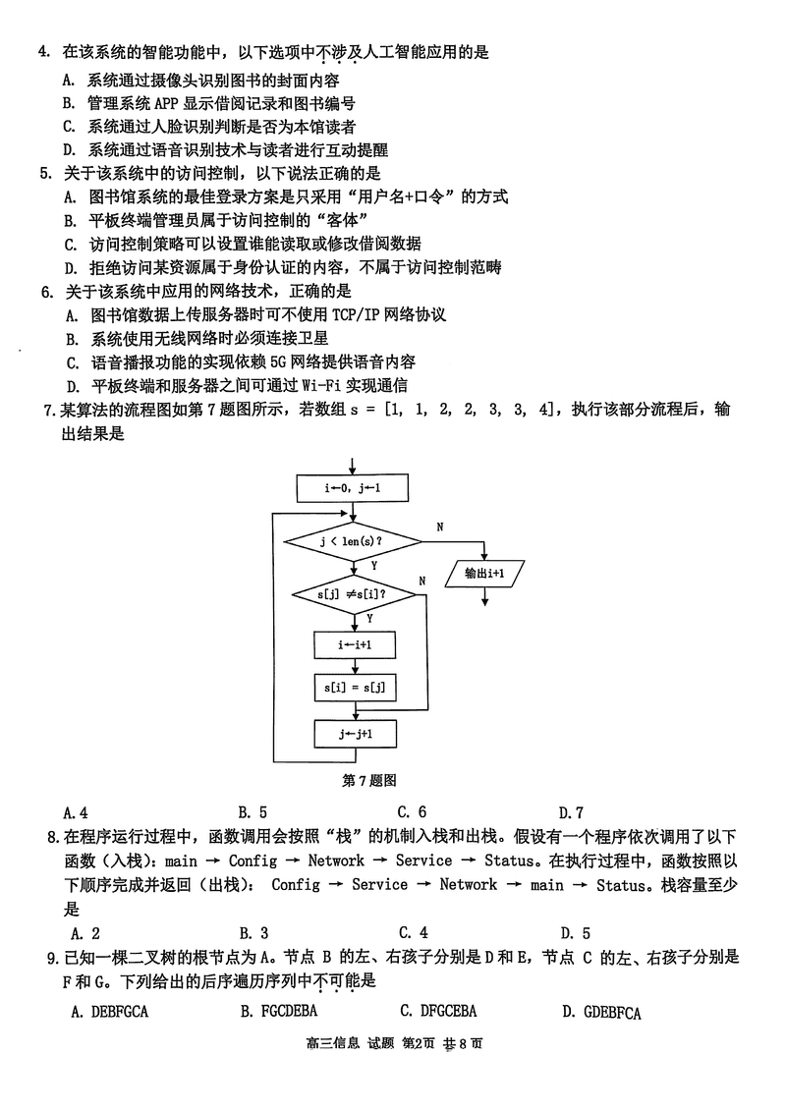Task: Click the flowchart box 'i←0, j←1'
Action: [x=353, y=488]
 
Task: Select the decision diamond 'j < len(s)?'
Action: [x=353, y=543]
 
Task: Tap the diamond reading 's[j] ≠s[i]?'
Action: [x=353, y=594]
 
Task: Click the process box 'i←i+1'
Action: [x=355, y=644]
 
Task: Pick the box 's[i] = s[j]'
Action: [x=355, y=688]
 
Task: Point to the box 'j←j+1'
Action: [x=355, y=734]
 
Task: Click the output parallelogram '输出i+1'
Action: [x=484, y=574]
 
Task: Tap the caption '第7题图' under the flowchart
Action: [x=369, y=780]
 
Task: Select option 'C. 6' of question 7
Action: [x=412, y=812]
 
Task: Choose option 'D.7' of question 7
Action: [x=571, y=812]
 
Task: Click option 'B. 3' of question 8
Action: [x=253, y=933]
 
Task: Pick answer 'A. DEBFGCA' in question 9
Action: [x=110, y=1012]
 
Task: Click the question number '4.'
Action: [x=44, y=52]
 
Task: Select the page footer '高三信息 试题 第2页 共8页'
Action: [x=394, y=1043]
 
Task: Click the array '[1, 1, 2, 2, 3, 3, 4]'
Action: [x=469, y=410]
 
